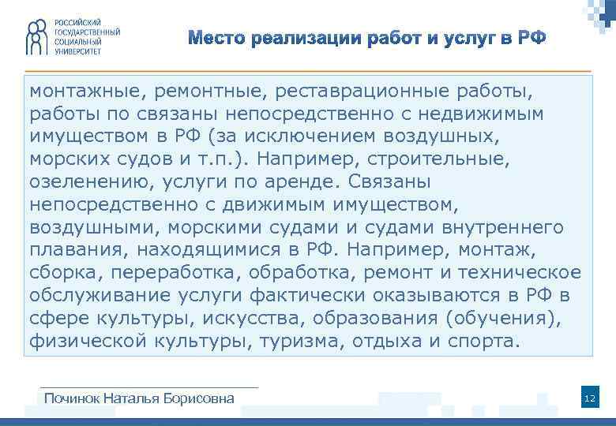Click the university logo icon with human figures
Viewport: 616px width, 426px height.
click(34, 36)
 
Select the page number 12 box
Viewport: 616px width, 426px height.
click(589, 398)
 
